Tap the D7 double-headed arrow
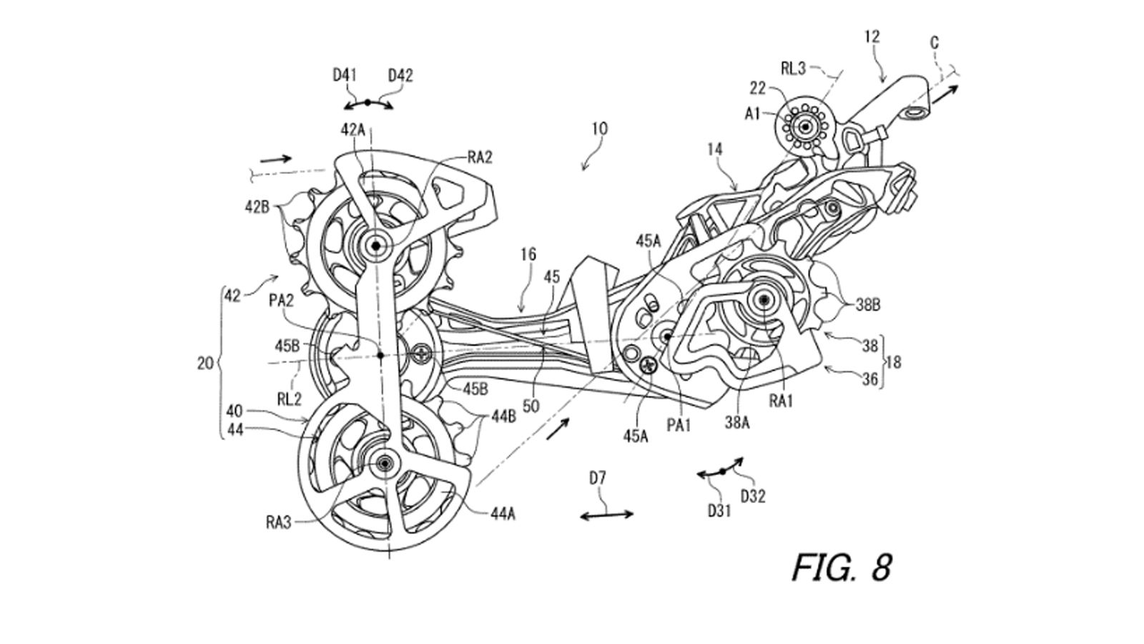coord(606,514)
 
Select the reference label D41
coord(345,75)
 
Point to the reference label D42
coord(400,75)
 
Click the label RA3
coord(280,523)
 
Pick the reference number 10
coord(599,129)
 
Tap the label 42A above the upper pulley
coord(353,130)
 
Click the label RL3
coord(793,69)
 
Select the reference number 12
coord(872,36)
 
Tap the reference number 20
coord(205,364)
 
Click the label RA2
coord(480,158)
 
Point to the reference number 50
coord(531,406)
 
